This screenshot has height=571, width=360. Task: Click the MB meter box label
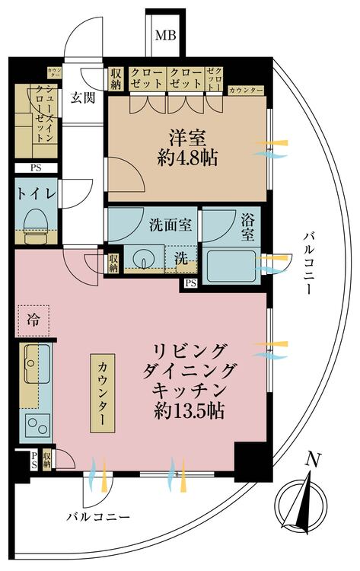pos(163,36)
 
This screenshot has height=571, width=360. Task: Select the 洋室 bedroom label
pos(186,139)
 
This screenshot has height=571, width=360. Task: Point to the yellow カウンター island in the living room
pos(104,393)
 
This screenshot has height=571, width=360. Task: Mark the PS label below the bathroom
pos(190,284)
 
